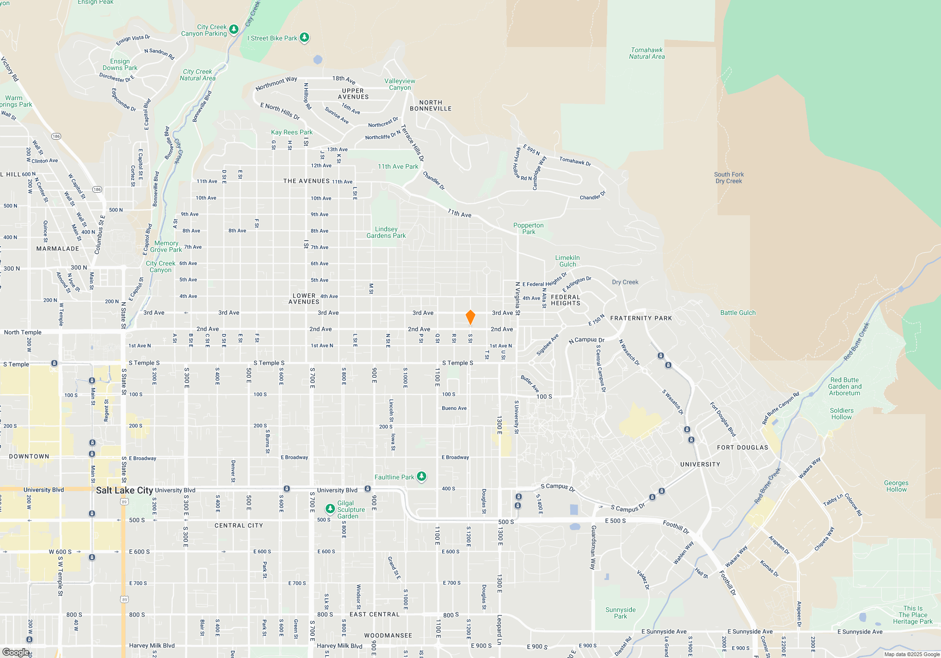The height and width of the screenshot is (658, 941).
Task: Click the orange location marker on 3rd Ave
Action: tap(470, 317)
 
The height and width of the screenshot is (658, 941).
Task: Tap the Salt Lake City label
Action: tap(124, 490)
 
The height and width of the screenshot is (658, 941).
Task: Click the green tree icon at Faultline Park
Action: tap(422, 477)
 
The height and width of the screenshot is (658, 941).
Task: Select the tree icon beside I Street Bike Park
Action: tap(304, 38)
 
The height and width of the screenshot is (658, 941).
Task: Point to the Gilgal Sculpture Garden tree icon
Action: tap(330, 509)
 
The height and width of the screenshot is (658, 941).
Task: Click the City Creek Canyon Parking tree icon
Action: tap(233, 30)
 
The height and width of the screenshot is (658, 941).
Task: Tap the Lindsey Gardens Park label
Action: tap(386, 232)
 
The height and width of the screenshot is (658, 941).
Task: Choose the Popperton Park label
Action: tap(528, 228)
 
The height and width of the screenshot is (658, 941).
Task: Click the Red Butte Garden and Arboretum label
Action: tap(845, 386)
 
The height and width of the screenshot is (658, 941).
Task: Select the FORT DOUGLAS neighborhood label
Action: tap(742, 447)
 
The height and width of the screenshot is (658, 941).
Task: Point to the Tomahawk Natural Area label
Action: tap(647, 53)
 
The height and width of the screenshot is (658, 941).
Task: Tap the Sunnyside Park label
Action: tap(620, 613)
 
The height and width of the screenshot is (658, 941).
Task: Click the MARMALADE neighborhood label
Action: tap(58, 249)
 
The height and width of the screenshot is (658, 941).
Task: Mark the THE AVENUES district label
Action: tap(306, 181)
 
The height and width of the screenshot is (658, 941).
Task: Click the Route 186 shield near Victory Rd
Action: tap(56, 136)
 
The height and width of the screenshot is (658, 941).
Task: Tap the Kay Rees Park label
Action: tap(292, 133)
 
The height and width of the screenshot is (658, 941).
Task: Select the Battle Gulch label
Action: tap(738, 313)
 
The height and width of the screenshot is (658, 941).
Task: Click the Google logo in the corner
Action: tap(16, 652)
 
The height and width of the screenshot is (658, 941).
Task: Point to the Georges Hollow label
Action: tap(896, 486)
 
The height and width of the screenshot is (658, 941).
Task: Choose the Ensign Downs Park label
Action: tap(120, 64)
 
